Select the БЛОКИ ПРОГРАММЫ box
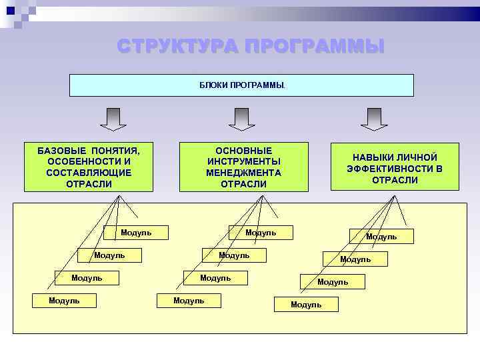click(x=241, y=85)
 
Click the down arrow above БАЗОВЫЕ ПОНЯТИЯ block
click(x=113, y=119)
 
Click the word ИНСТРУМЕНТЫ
click(x=243, y=161)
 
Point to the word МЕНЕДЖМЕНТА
click(x=243, y=173)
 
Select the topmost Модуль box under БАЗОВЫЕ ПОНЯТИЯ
click(x=136, y=233)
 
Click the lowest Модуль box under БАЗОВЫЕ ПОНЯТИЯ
click(x=64, y=301)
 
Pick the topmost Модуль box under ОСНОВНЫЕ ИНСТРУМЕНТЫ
click(x=261, y=233)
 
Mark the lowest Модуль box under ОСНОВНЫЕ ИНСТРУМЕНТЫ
click(x=189, y=301)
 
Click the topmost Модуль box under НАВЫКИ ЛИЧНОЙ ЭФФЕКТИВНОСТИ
click(x=381, y=237)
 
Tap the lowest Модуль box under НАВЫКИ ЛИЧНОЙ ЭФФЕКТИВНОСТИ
click(x=306, y=305)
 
